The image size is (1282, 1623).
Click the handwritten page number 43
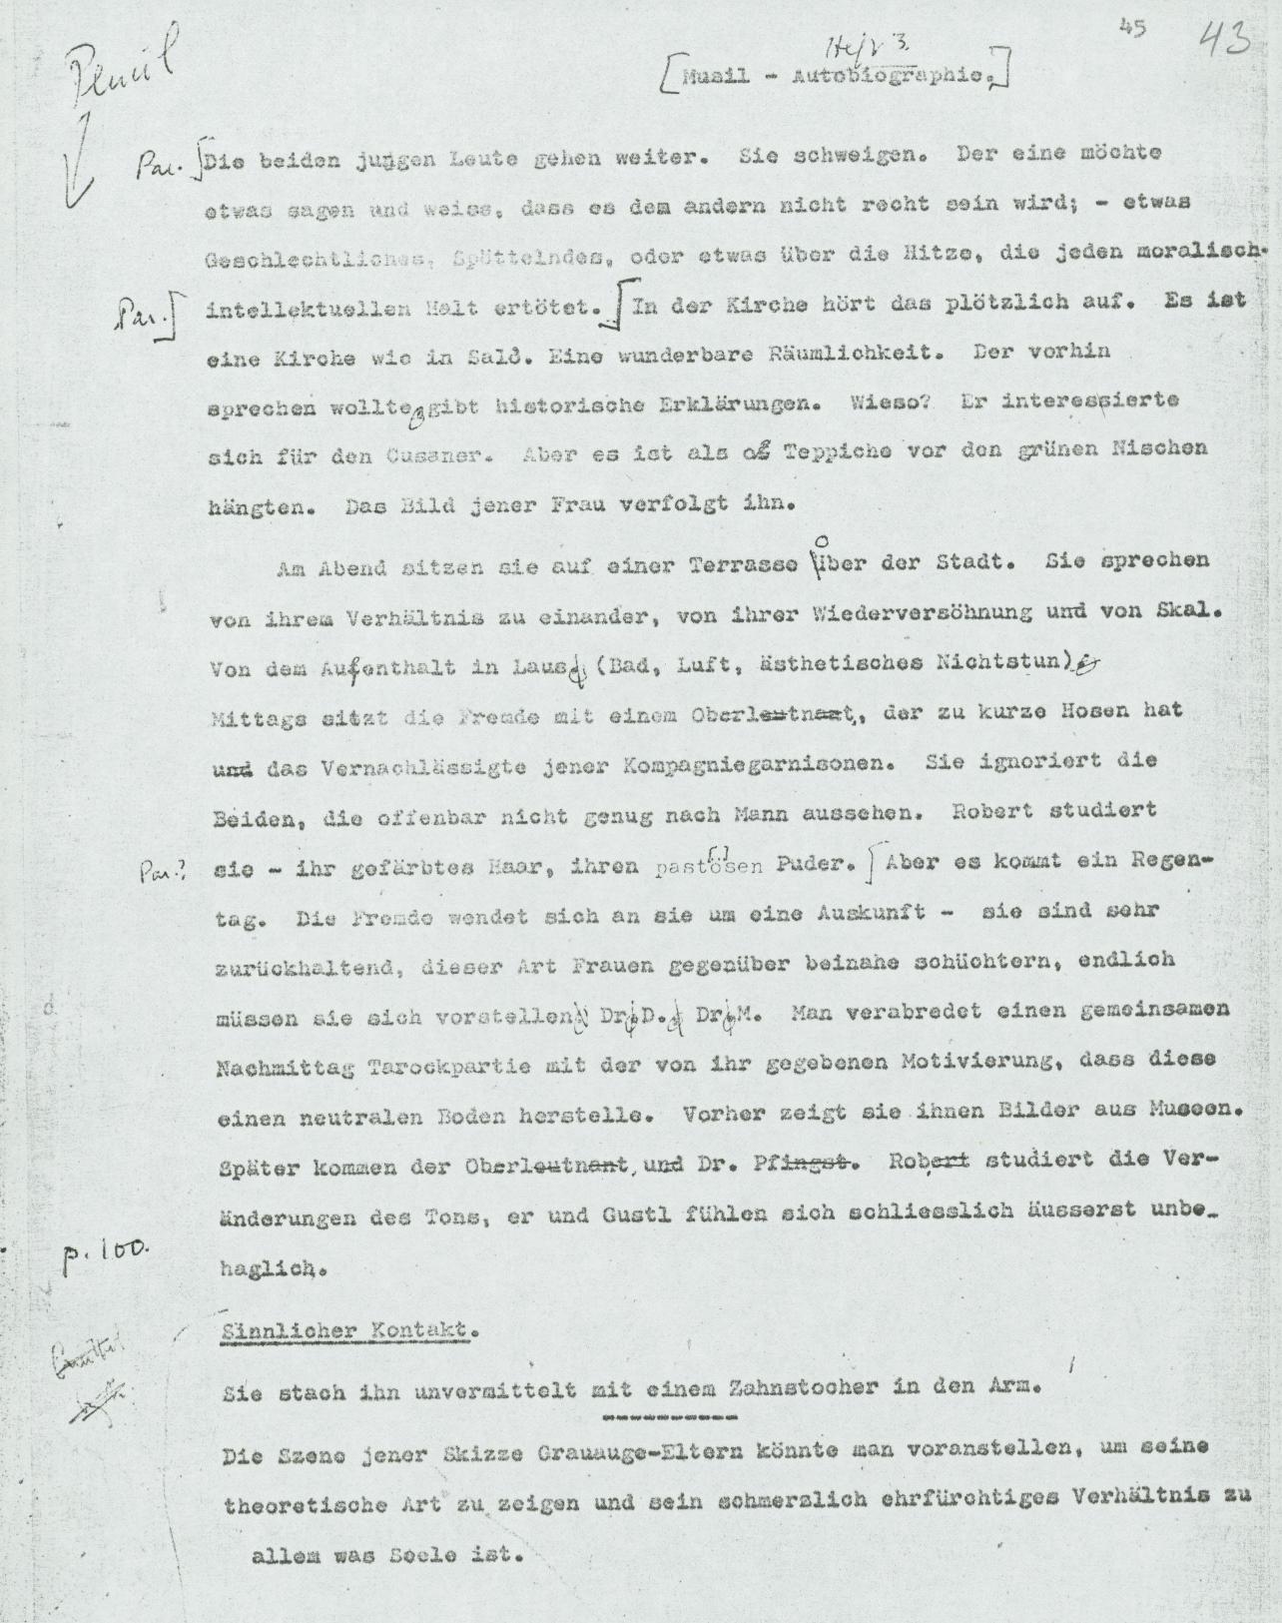click(1224, 43)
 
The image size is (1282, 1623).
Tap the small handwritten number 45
click(1132, 28)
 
